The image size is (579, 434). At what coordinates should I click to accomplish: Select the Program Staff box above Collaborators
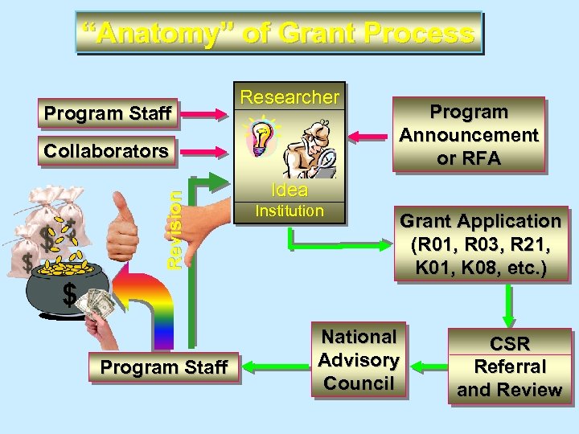(108, 114)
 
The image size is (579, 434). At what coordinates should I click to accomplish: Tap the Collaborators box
(106, 151)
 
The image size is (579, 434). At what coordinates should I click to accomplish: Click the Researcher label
(289, 97)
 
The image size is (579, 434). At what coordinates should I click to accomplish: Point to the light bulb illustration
(262, 140)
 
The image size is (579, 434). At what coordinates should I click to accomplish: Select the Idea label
(289, 190)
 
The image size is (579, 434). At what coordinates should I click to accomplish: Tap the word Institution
(289, 211)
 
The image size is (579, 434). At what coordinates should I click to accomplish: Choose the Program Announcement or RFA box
(468, 135)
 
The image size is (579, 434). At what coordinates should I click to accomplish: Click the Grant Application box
(480, 244)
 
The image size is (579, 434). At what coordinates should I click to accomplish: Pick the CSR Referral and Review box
(509, 366)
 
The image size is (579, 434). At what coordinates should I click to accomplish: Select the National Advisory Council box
(359, 359)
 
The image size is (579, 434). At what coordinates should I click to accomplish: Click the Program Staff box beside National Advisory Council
(164, 367)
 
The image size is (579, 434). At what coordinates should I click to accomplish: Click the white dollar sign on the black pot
(70, 297)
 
